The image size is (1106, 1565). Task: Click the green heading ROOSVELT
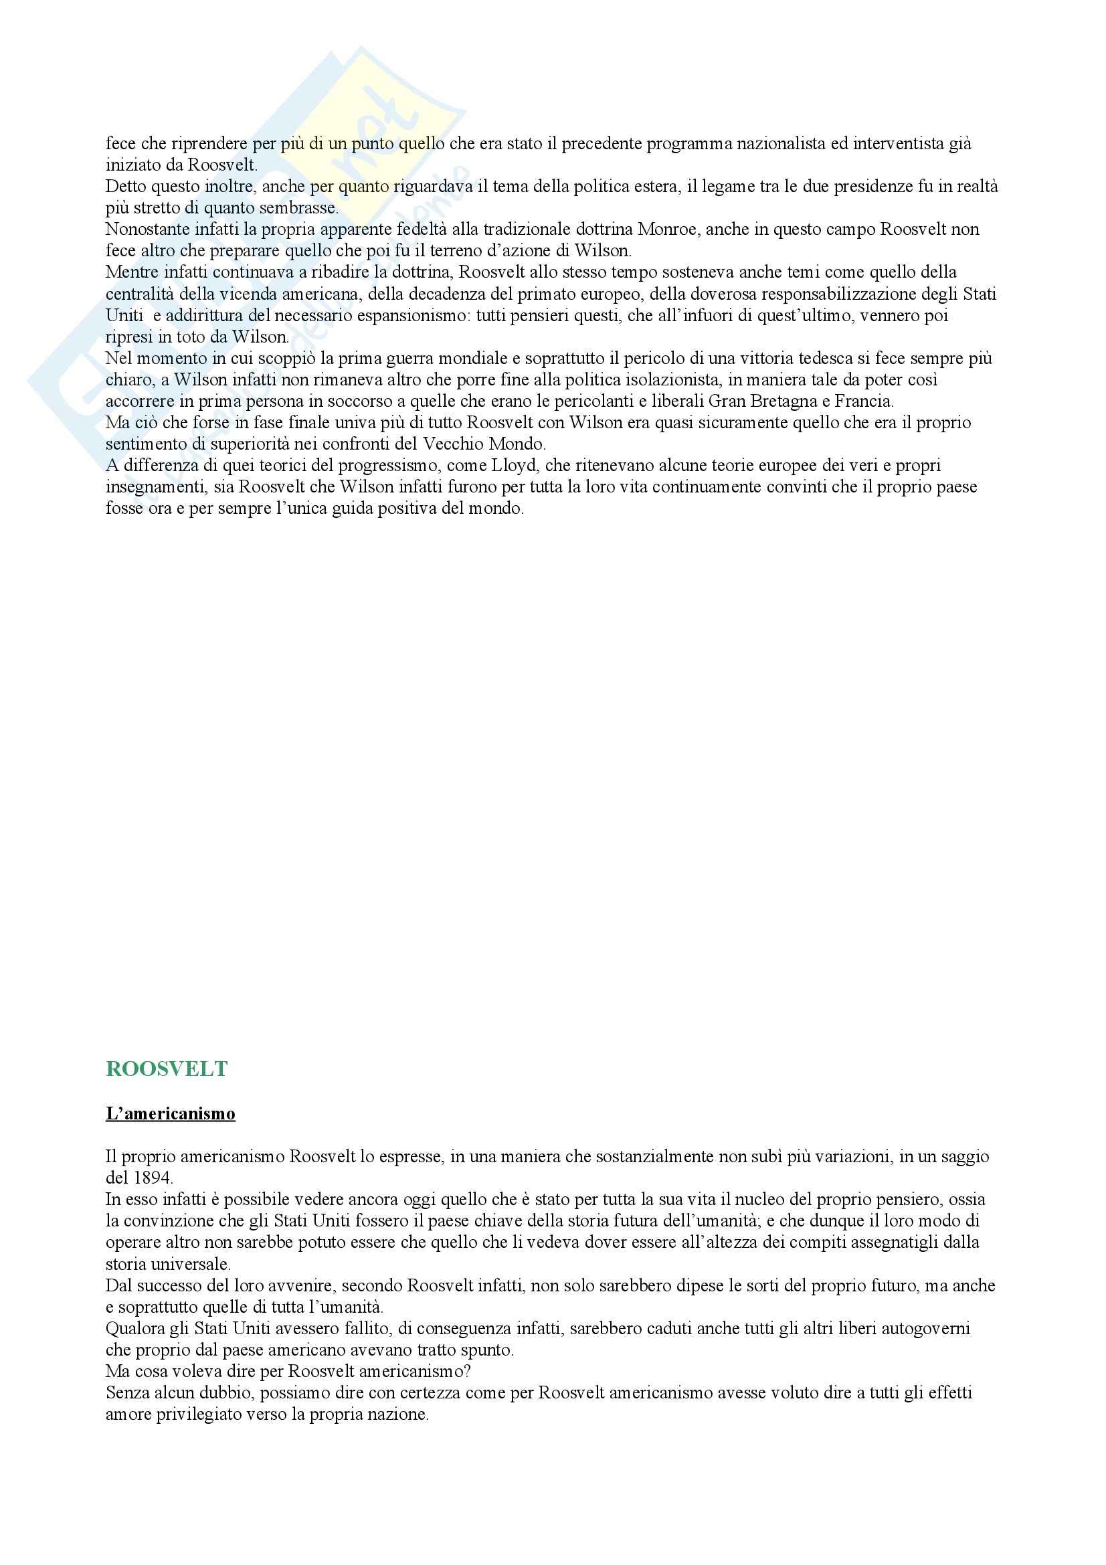[x=167, y=1069]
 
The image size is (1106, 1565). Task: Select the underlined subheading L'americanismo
[x=171, y=1114]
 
